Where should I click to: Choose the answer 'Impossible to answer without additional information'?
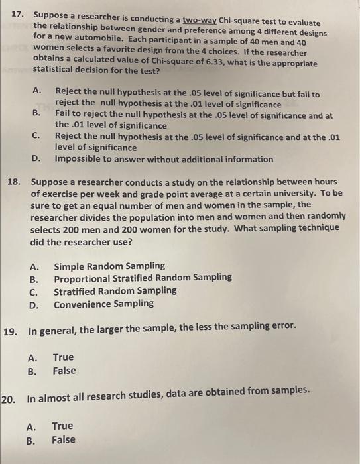164,159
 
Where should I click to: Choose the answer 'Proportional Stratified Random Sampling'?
143,278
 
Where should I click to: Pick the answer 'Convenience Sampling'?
103,304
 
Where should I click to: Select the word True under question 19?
64,357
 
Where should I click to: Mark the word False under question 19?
64,371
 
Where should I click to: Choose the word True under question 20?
62,426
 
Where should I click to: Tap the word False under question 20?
64,439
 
